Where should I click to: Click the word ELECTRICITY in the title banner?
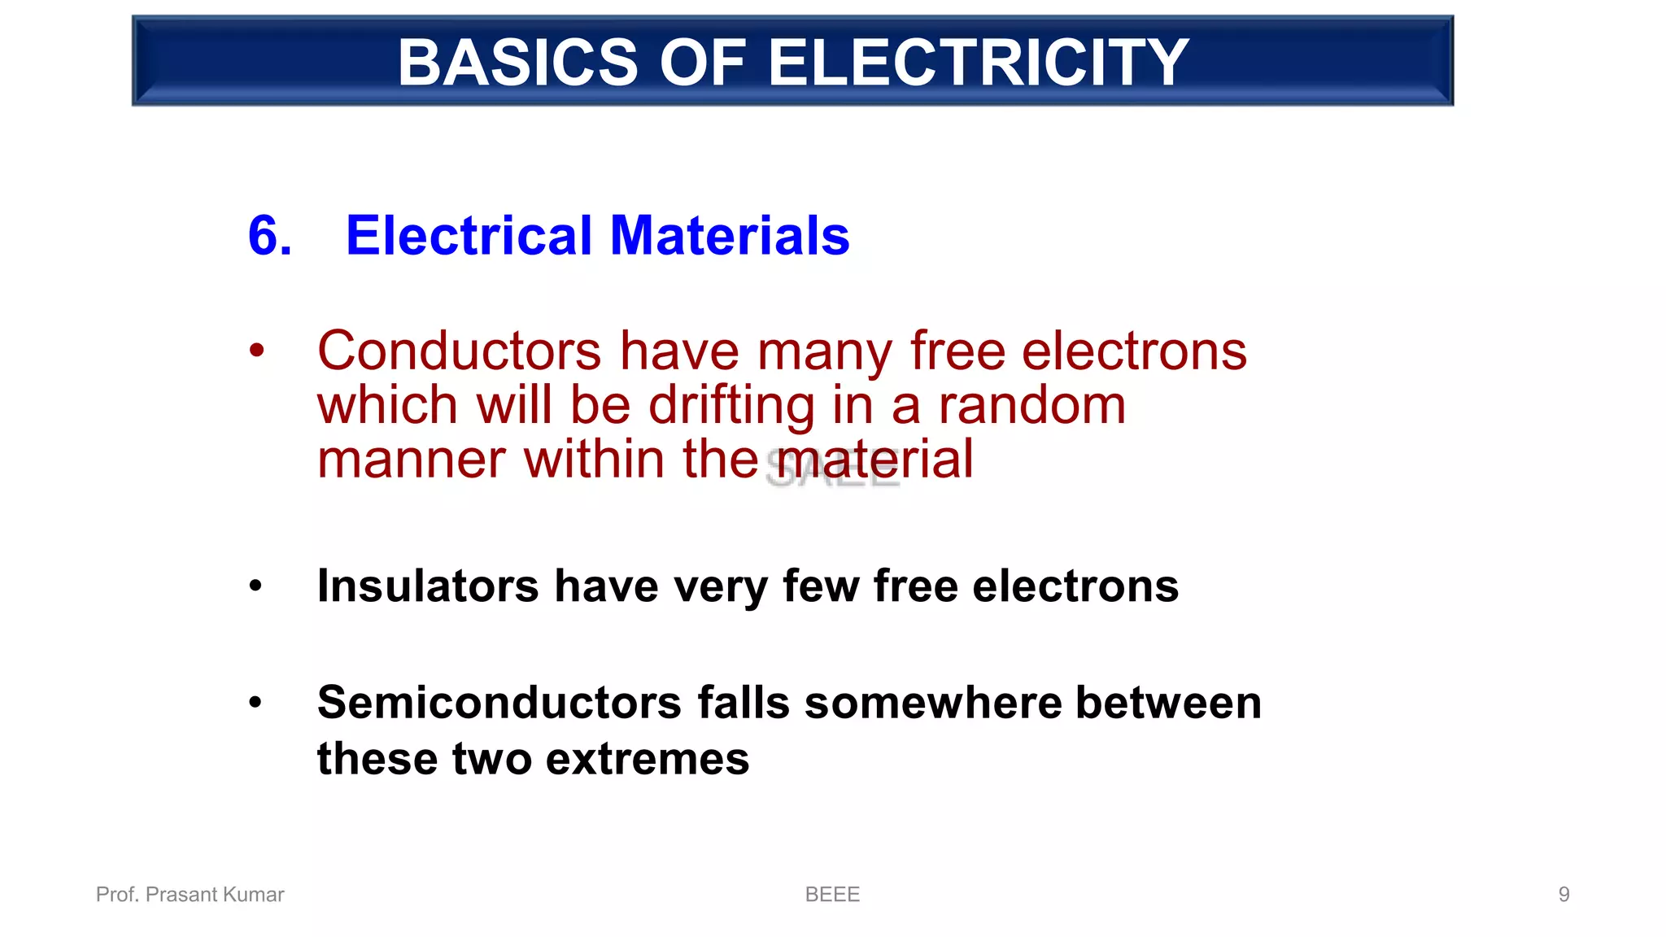tap(978, 63)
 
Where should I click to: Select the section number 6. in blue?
tap(269, 236)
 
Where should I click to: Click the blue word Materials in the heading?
tap(729, 236)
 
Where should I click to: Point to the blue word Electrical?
tap(469, 236)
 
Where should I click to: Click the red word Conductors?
tap(459, 351)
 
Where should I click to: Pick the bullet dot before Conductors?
tap(257, 351)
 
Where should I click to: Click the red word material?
tap(874, 460)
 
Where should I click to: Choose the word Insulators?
tap(428, 586)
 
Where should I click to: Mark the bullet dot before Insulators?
tap(256, 586)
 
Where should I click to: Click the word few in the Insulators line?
tap(820, 586)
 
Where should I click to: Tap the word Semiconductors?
tap(499, 703)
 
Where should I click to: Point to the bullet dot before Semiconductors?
tap(256, 702)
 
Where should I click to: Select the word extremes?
tap(647, 760)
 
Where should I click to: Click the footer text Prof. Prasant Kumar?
tap(190, 895)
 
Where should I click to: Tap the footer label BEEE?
tap(832, 895)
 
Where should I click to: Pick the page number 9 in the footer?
tap(1564, 895)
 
